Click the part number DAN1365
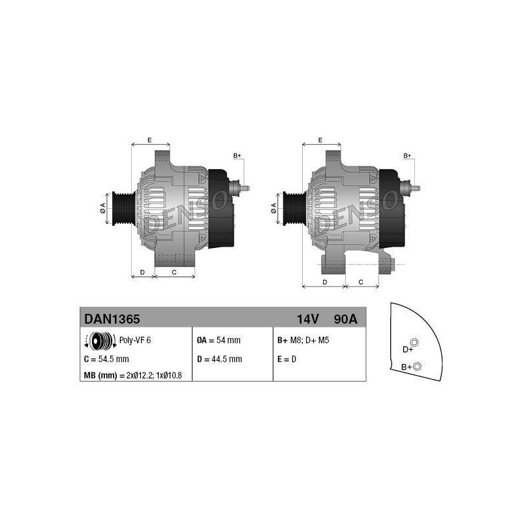point(112,319)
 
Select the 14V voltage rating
point(307,319)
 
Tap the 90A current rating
point(345,319)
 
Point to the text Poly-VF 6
point(135,340)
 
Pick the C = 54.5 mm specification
point(106,359)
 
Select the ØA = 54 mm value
point(219,340)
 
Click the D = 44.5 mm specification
point(219,359)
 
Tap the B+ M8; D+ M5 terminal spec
point(303,340)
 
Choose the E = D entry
point(286,359)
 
